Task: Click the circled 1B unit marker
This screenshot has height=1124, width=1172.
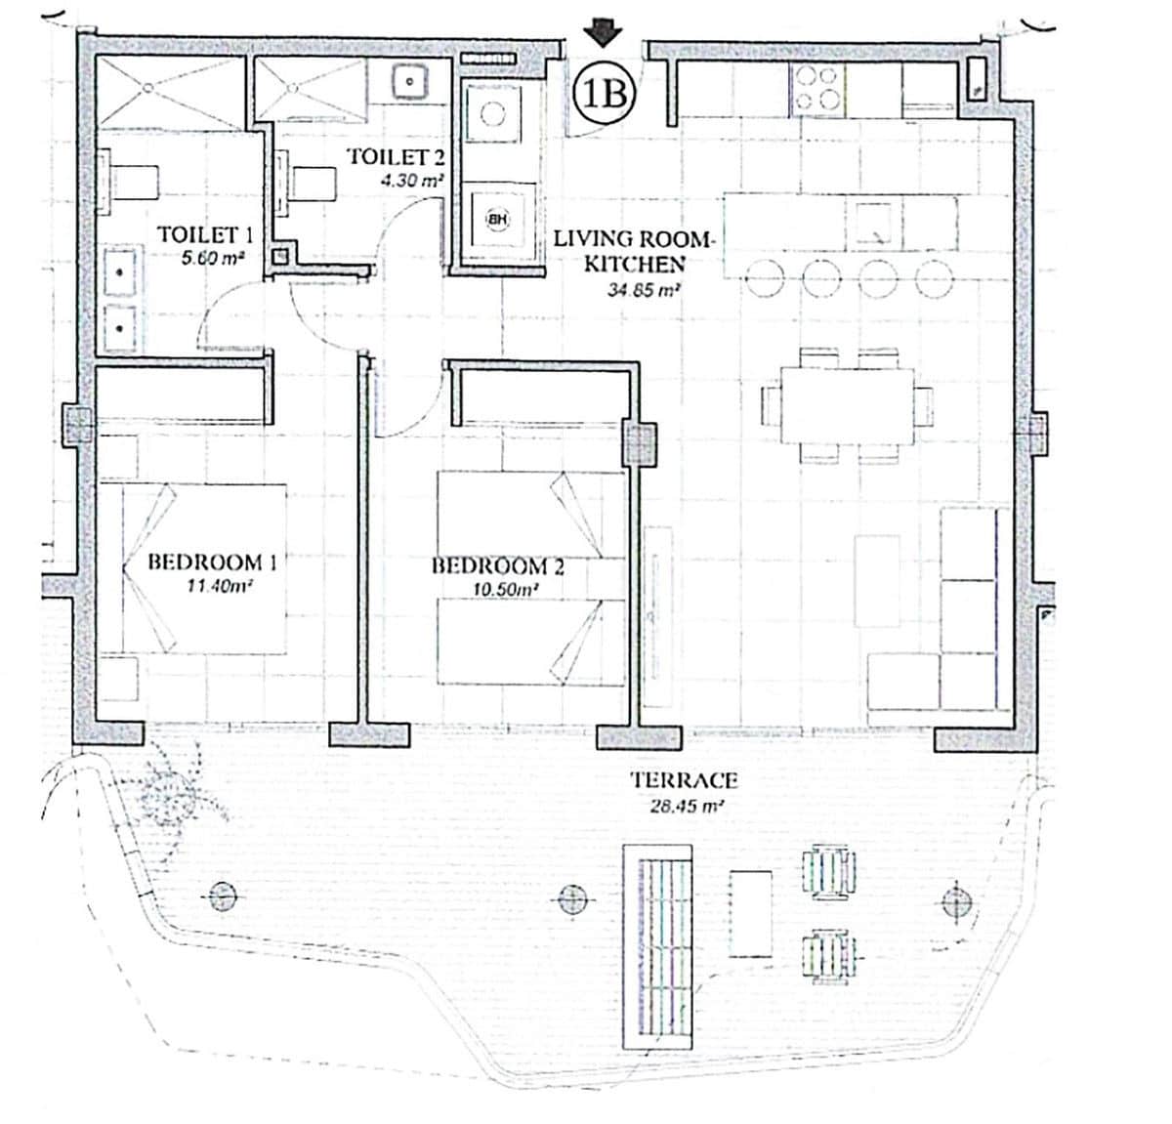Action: [604, 95]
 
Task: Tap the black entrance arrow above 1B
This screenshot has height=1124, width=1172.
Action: [604, 35]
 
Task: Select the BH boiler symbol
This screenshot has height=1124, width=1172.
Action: [498, 220]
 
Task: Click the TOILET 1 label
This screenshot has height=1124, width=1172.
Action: [205, 234]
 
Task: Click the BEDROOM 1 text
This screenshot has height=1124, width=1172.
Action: [212, 562]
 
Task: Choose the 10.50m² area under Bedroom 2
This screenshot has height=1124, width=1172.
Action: [499, 590]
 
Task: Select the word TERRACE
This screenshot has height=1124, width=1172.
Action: [683, 780]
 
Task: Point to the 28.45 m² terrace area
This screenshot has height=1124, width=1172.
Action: [688, 807]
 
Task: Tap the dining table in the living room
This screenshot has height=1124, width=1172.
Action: [847, 404]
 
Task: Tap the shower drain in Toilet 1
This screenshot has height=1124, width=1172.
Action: [146, 88]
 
